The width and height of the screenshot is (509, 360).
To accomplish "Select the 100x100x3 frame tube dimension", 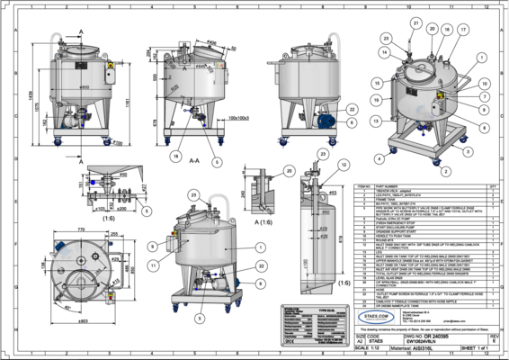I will point(237,117).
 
